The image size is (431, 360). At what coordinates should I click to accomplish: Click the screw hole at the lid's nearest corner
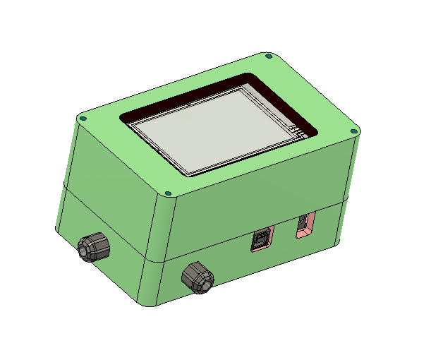click(x=168, y=193)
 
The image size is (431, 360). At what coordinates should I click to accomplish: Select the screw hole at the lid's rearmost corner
click(x=267, y=56)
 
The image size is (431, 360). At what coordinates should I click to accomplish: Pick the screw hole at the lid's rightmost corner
click(x=356, y=130)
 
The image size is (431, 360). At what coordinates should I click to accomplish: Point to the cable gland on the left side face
click(x=94, y=247)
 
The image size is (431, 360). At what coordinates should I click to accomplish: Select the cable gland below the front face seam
click(x=197, y=276)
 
